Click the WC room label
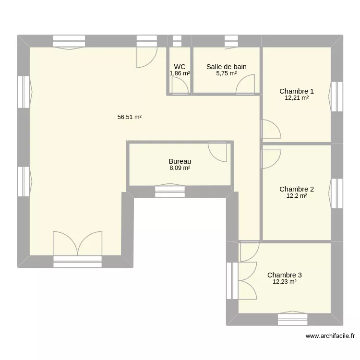180,67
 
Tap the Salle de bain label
227,67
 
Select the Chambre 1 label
297,91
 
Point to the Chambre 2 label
297,189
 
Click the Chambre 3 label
285,275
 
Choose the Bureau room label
180,162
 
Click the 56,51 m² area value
130,117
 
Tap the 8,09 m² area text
180,168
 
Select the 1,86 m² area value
180,73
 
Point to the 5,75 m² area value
227,73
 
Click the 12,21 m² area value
297,98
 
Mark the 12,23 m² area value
285,282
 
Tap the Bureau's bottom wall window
170,192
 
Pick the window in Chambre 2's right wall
337,193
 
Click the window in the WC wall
177,41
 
